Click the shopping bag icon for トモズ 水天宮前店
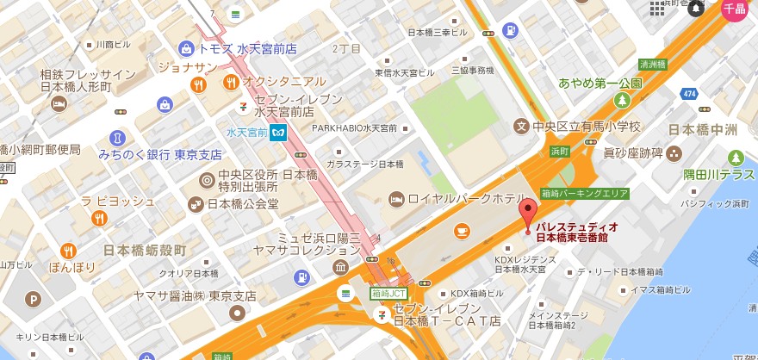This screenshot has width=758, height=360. [185, 49]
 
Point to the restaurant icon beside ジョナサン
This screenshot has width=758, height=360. [199, 84]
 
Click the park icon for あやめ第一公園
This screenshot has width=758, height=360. [622, 101]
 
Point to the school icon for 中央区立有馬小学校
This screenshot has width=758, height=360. [519, 127]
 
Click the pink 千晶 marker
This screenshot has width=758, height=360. [734, 9]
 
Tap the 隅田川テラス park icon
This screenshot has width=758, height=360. [736, 158]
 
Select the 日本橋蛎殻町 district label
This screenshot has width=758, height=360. [144, 250]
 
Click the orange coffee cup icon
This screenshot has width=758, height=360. [462, 230]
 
